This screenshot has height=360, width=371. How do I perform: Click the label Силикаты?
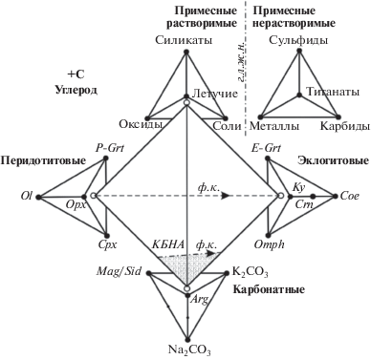tap(184, 40)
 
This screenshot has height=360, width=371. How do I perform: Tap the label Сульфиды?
tap(298, 40)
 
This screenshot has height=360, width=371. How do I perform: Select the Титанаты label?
tap(333, 92)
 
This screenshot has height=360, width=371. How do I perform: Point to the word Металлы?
tap(274, 126)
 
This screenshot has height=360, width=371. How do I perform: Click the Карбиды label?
tap(345, 126)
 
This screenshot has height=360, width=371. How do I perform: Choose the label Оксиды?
tap(141, 123)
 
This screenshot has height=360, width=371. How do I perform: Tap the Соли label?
tap(227, 126)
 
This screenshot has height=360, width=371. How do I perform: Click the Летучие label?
tap(215, 94)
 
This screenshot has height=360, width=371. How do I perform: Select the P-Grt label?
tap(110, 148)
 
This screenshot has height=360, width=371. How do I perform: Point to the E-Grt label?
tap(267, 148)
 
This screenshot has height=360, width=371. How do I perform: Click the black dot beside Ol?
tap(38, 198)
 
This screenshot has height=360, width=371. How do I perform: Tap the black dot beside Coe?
tap(335, 197)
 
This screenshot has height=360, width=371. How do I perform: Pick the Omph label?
tap(270, 244)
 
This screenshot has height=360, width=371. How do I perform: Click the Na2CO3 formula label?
tap(189, 350)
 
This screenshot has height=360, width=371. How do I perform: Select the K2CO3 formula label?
tap(251, 272)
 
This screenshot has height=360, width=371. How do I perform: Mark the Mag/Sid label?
tap(119, 272)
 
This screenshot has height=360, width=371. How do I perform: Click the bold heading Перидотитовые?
tap(43, 160)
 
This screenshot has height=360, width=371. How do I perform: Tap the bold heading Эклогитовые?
tap(333, 160)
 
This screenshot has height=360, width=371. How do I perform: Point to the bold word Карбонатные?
tap(269, 289)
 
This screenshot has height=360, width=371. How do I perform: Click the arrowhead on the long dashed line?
tap(226, 196)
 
